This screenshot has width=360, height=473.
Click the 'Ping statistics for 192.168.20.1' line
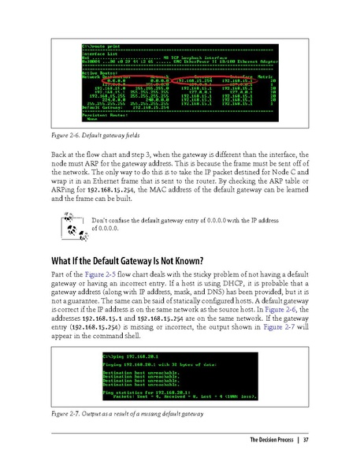click(142, 391)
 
